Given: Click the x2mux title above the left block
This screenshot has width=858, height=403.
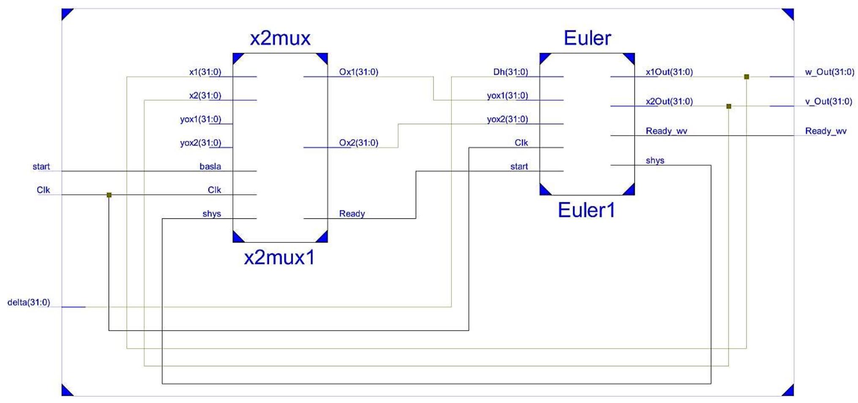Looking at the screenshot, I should [280, 38].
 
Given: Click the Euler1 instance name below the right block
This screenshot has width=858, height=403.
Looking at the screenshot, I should [586, 210].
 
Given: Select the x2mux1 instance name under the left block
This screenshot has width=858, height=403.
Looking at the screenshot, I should [279, 257].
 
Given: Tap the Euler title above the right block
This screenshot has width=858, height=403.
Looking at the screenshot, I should [587, 38].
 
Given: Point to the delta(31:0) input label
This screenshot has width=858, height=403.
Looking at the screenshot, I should [29, 302].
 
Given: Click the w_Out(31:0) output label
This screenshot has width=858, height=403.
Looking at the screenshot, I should [829, 72].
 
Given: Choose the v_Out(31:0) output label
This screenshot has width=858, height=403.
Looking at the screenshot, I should [828, 101].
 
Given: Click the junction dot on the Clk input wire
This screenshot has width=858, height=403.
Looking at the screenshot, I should [109, 195].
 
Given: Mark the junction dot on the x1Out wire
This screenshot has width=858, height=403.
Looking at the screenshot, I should [746, 77].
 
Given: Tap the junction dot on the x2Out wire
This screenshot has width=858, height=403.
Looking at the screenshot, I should [729, 106].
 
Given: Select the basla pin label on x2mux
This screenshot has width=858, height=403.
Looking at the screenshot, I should [210, 166].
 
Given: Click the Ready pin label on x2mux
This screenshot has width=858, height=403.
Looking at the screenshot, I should [352, 214].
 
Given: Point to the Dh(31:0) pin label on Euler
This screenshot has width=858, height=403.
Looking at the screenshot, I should [510, 72].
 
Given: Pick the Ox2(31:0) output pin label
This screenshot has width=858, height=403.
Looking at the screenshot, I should [358, 143].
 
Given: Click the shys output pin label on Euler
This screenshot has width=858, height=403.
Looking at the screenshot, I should [655, 161].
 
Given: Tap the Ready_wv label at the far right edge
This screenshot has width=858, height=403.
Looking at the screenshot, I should [825, 131].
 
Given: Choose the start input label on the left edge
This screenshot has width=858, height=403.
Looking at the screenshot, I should [41, 166].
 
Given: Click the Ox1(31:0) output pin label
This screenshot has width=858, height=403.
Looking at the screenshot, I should [358, 72].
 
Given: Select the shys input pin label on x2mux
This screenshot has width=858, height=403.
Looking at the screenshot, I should [211, 214].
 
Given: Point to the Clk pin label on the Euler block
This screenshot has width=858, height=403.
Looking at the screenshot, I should [521, 143].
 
